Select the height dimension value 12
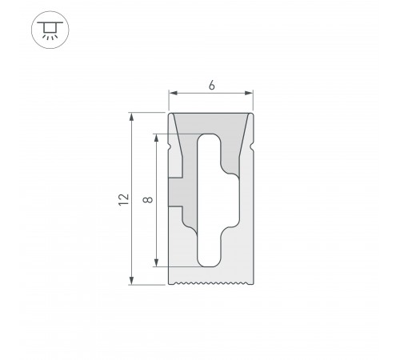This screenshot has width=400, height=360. pos(122,199)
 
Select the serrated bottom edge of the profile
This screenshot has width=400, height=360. pos(211,282)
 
